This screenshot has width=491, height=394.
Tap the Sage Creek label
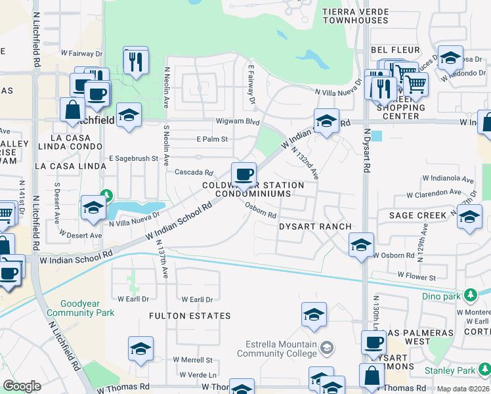pyautogui.click(x=417, y=215)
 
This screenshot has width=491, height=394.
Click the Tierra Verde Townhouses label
pyautogui.click(x=355, y=16)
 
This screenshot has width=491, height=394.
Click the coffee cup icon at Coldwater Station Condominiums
pyautogui.click(x=244, y=174)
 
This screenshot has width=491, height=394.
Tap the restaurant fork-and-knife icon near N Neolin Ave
pyautogui.click(x=136, y=62)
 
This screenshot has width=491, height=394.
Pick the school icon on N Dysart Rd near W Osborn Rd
pyautogui.click(x=360, y=245)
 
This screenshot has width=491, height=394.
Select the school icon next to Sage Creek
pyautogui.click(x=469, y=217)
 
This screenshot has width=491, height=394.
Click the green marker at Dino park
pyautogui.click(x=469, y=295)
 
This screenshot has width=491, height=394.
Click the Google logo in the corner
pyautogui.click(x=22, y=386)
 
